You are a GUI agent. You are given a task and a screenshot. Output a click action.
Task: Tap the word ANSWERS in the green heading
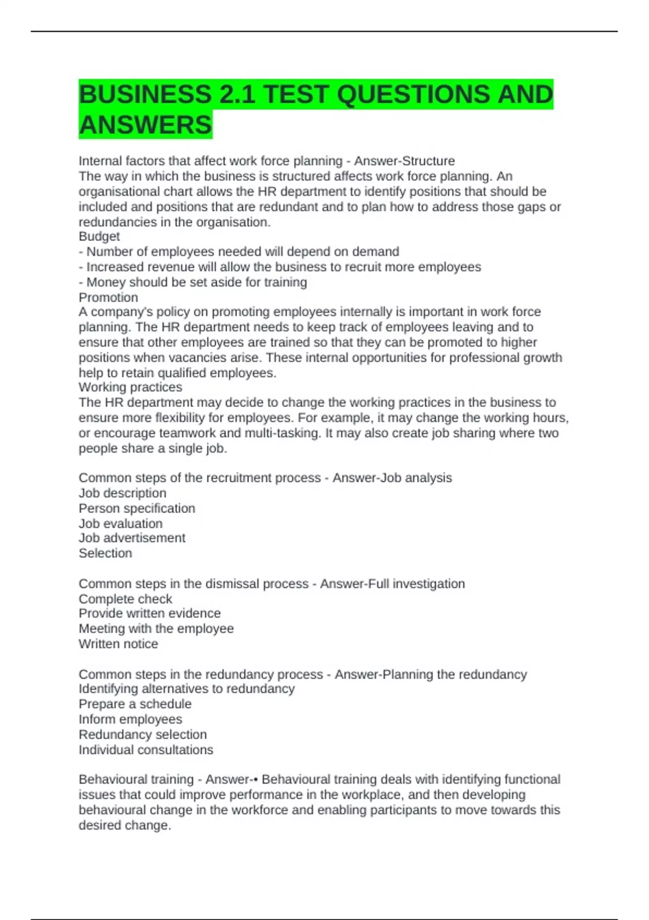coord(145,125)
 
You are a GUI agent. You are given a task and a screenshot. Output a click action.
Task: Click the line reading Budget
coord(99,236)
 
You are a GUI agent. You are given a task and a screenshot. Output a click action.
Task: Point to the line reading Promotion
coord(108,297)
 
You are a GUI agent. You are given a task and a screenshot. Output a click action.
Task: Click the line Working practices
coord(130,387)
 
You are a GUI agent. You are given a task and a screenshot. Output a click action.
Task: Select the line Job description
coord(122,493)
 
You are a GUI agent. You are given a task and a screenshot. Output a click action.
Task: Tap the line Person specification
coord(137,508)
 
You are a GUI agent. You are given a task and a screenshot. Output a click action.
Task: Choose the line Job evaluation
coord(120,523)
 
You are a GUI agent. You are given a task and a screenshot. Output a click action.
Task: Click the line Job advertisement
coord(132,538)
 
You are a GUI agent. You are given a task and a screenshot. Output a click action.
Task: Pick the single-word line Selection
coord(105,553)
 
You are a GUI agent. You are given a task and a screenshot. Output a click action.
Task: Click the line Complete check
coord(125,599)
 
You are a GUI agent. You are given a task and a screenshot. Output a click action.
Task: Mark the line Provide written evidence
coord(149,613)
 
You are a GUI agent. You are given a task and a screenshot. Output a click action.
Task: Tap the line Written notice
coord(118,644)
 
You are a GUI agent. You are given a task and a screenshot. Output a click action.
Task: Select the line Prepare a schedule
coord(135,704)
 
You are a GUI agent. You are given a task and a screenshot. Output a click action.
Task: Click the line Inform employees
coord(130,719)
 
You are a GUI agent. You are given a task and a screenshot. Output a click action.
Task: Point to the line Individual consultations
coord(145,750)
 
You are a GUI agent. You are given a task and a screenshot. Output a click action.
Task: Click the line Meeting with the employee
coord(156,628)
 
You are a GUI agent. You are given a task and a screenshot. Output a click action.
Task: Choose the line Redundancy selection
coord(142,734)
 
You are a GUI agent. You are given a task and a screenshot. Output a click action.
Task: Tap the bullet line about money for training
coord(193,282)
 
